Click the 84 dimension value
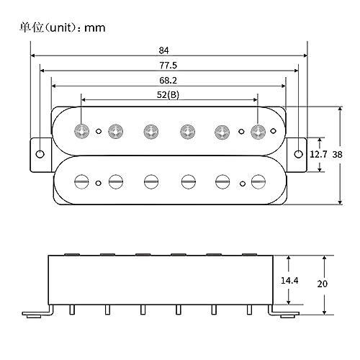163,50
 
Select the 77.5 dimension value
168,66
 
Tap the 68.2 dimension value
168,80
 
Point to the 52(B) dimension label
168,95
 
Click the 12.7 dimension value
318,154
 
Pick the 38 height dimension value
337,154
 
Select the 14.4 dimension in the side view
289,280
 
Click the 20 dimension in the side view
322,284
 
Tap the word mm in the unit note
95,28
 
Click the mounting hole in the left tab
40,154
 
